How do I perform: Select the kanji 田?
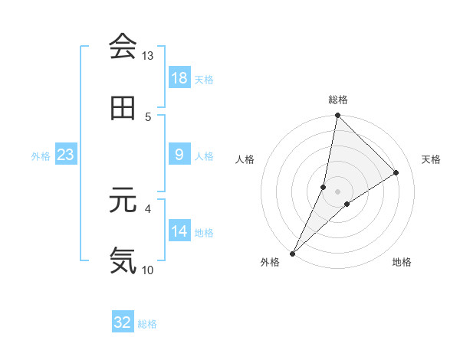pos(123,108)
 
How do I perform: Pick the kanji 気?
pos(123,260)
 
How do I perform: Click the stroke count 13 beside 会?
pos(148,56)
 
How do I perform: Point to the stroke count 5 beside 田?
pos(148,116)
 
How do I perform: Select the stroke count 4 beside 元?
pos(148,208)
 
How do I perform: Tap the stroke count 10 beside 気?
pos(148,269)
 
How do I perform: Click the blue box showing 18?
pos(179,77)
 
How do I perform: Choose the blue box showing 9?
pos(179,155)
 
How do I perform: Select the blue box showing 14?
pos(179,231)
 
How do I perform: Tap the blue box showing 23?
pos(66,155)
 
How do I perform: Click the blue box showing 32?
pos(123,322)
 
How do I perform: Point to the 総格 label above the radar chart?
pos(338,100)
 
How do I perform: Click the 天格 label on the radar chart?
pos(431,159)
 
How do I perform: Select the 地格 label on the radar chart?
pos(402,263)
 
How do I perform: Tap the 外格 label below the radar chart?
pos(270,263)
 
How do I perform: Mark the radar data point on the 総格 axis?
pos(337,116)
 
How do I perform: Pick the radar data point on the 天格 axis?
pos(396,173)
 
